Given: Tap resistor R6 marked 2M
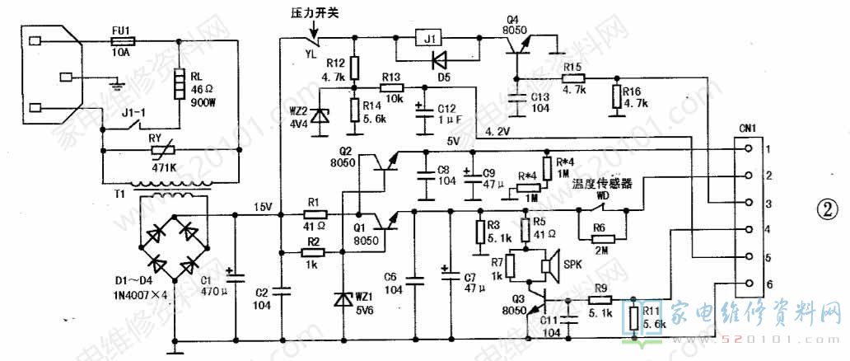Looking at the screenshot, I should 600,228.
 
